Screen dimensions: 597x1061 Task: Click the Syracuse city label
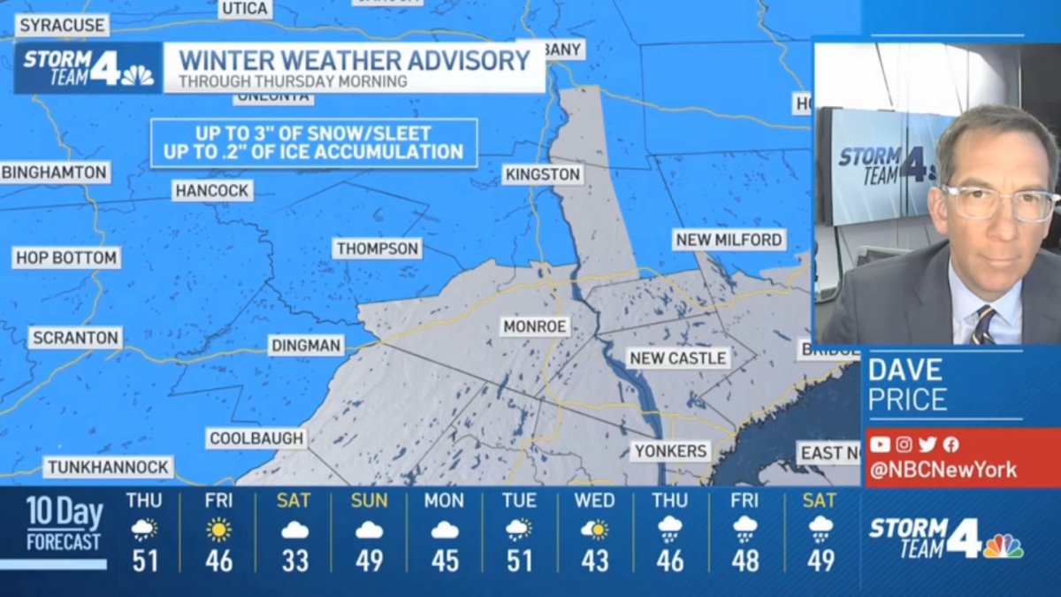(x=61, y=26)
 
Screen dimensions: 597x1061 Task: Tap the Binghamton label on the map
(x=54, y=172)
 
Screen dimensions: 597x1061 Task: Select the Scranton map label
(x=75, y=338)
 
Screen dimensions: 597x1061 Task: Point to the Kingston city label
(x=543, y=174)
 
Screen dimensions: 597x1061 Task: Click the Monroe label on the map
(x=534, y=326)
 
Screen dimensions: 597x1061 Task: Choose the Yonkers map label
(x=671, y=451)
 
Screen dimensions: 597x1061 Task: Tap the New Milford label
(x=729, y=240)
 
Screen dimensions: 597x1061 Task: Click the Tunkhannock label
(x=109, y=467)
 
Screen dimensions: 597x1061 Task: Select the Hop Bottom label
(x=66, y=258)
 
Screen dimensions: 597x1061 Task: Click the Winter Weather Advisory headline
(x=354, y=60)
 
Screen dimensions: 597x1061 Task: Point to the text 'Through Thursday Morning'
(x=293, y=81)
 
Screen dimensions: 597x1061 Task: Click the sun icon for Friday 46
(x=218, y=530)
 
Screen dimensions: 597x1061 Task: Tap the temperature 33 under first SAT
(x=294, y=561)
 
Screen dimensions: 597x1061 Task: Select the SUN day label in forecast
(x=369, y=501)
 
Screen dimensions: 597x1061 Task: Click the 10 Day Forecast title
(x=64, y=524)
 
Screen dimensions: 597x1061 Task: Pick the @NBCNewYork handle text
(x=943, y=471)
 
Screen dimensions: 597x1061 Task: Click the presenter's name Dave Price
(x=907, y=385)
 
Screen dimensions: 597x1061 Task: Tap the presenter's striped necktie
(x=983, y=325)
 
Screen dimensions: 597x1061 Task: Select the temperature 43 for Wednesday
(x=594, y=561)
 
